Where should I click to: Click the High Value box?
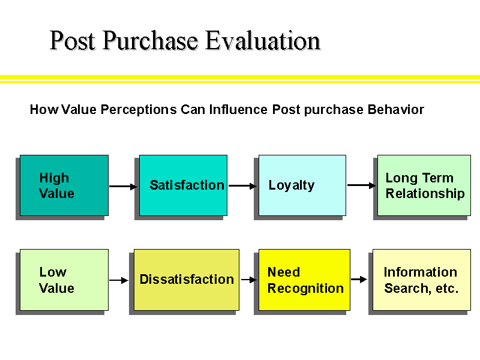[64, 185]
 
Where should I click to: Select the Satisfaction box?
[183, 185]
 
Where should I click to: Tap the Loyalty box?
[302, 185]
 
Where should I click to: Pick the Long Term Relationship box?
[424, 185]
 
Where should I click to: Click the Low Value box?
[64, 280]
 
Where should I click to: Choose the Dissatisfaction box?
[186, 280]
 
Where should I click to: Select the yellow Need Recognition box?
[304, 280]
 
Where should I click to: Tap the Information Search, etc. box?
[421, 280]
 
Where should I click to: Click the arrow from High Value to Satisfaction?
[123, 187]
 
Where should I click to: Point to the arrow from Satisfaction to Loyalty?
[242, 186]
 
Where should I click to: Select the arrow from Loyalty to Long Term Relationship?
[362, 185]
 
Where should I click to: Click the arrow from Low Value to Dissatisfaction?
[119, 280]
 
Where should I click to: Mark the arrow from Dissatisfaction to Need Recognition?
[249, 280]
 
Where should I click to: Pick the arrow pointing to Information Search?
[359, 279]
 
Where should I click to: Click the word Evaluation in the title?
[263, 41]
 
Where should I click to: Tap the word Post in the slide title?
[73, 41]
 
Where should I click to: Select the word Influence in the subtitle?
[239, 110]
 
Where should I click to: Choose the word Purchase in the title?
[150, 41]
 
